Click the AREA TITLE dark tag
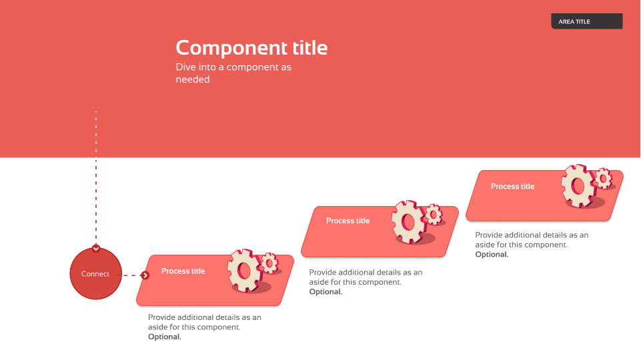(586, 21)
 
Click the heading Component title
(251, 48)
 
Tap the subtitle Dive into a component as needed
(233, 73)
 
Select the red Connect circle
(95, 273)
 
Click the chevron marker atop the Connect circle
(96, 249)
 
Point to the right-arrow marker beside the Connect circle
(145, 275)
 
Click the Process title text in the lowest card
(183, 271)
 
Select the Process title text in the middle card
(348, 221)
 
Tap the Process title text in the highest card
(513, 187)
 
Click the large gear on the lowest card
(245, 270)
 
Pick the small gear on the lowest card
(270, 263)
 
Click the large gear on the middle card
(408, 222)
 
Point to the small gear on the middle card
(434, 215)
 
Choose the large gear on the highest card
(578, 187)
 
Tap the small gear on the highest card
(604, 179)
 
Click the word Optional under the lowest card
(164, 337)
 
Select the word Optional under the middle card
(326, 292)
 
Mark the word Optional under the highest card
(492, 255)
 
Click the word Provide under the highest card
(488, 235)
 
